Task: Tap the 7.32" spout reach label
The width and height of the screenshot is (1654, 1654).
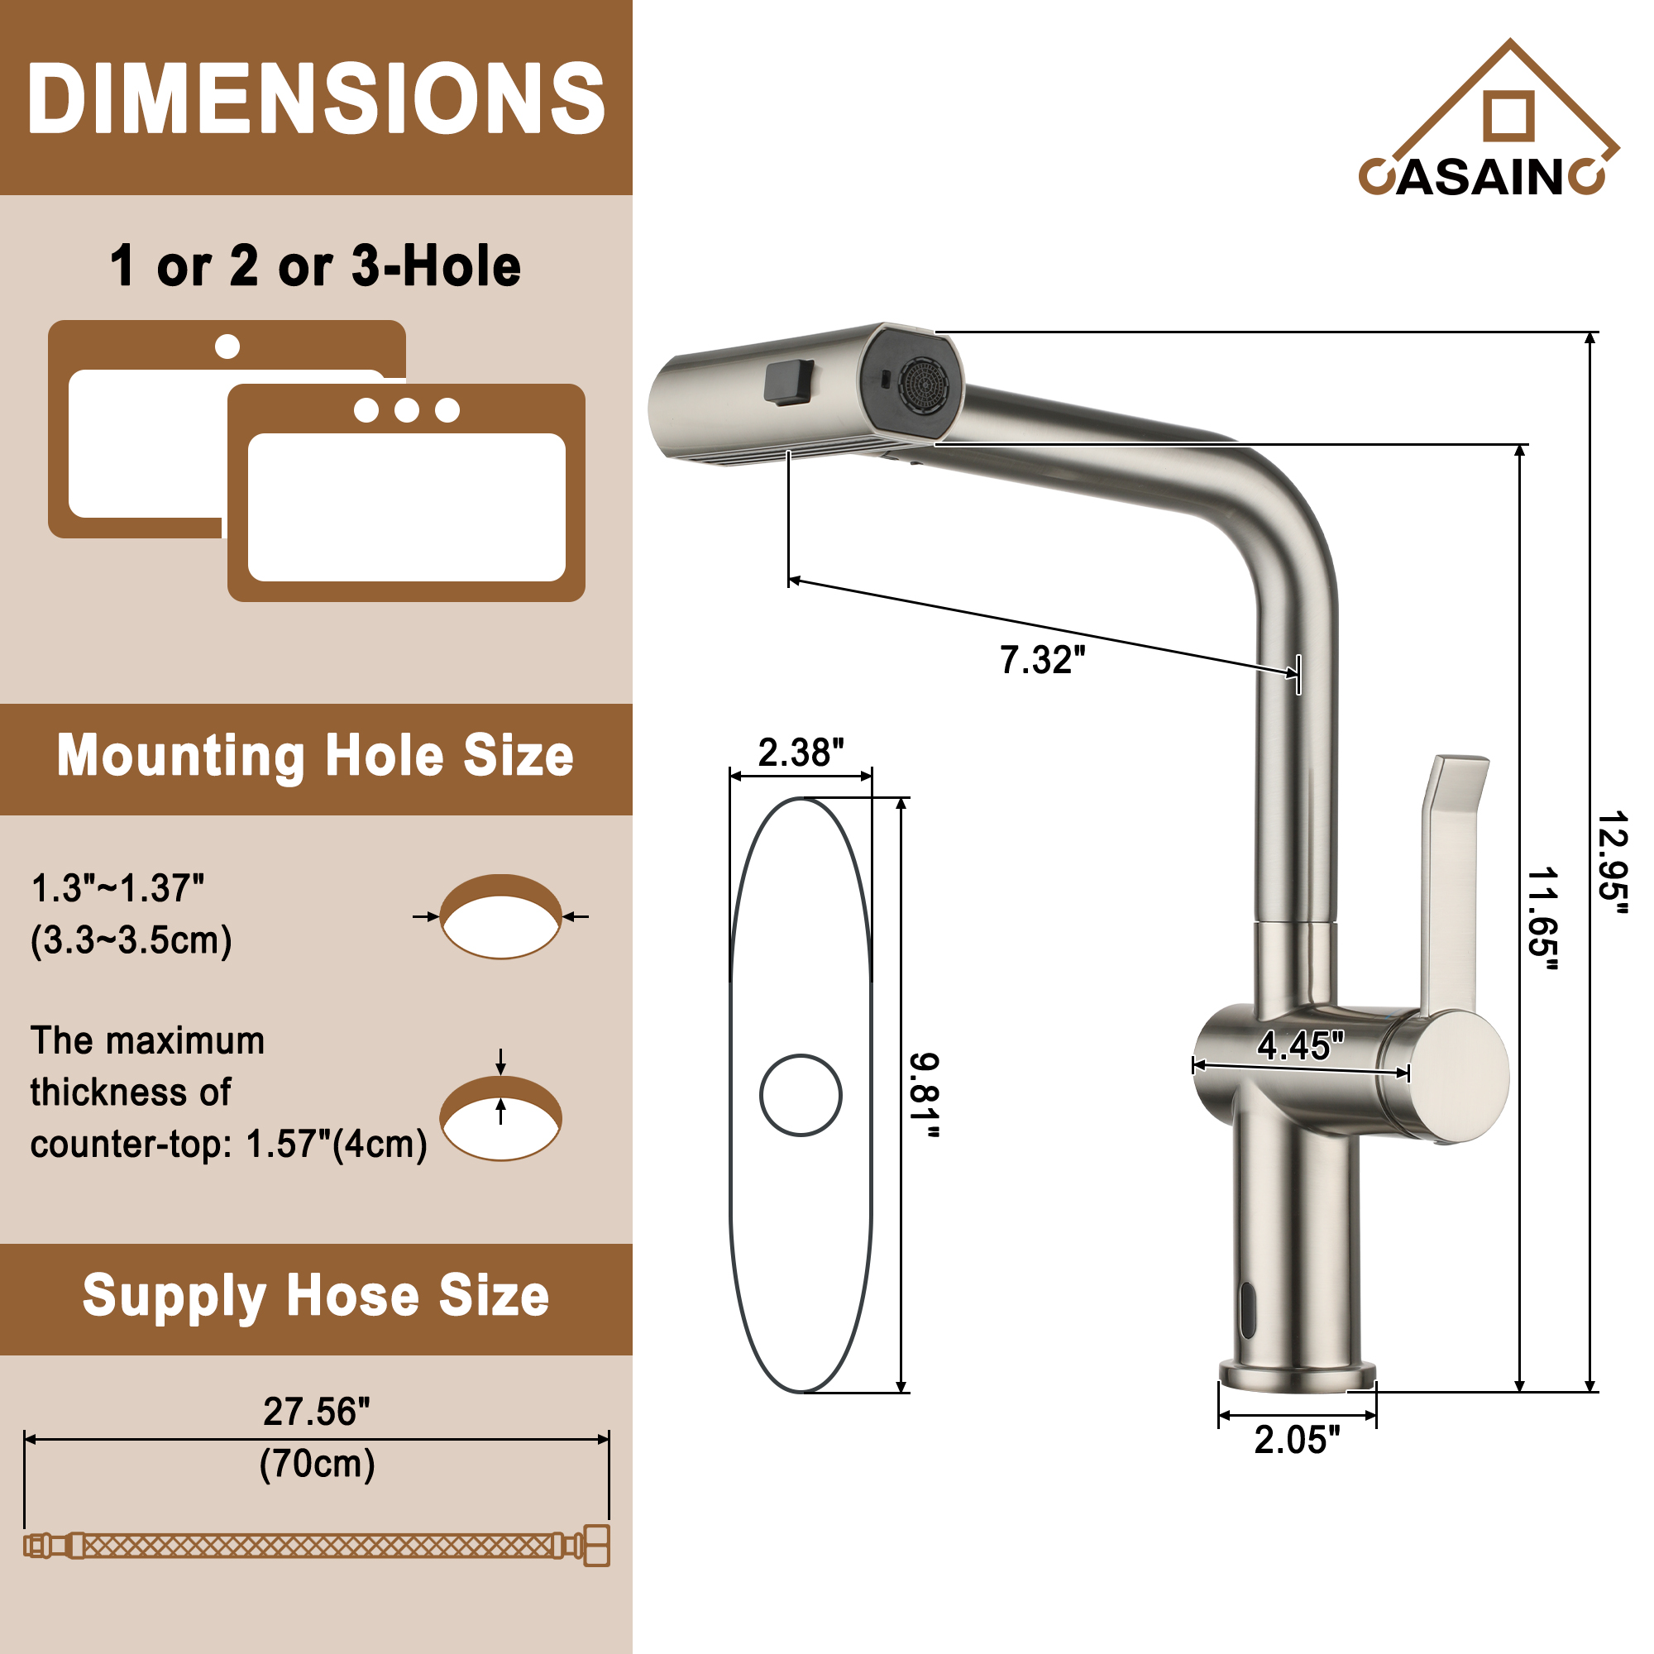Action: pos(1042,660)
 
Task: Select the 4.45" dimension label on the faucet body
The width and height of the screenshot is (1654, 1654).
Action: pos(1299,1045)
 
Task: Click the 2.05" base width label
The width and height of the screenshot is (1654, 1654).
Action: pos(1297,1440)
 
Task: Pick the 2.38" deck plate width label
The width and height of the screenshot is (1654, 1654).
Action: pos(801,753)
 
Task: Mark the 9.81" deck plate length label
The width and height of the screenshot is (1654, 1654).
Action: pos(924,1096)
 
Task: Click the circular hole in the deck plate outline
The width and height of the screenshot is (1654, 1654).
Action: pos(801,1095)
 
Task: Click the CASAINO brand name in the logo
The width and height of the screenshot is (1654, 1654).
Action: pos(1482,177)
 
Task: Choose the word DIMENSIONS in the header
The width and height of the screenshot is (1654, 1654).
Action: pos(316,98)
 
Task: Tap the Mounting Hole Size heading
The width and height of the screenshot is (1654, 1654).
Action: pos(315,757)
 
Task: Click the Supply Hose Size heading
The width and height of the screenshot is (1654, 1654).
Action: pos(315,1295)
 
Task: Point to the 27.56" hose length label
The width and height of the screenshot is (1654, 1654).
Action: pos(316,1412)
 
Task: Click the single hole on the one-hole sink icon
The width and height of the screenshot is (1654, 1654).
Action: pos(227,347)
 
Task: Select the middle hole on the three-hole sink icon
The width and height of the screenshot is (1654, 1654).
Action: pos(407,410)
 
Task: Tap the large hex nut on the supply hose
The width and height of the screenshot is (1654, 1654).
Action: pos(597,1546)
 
